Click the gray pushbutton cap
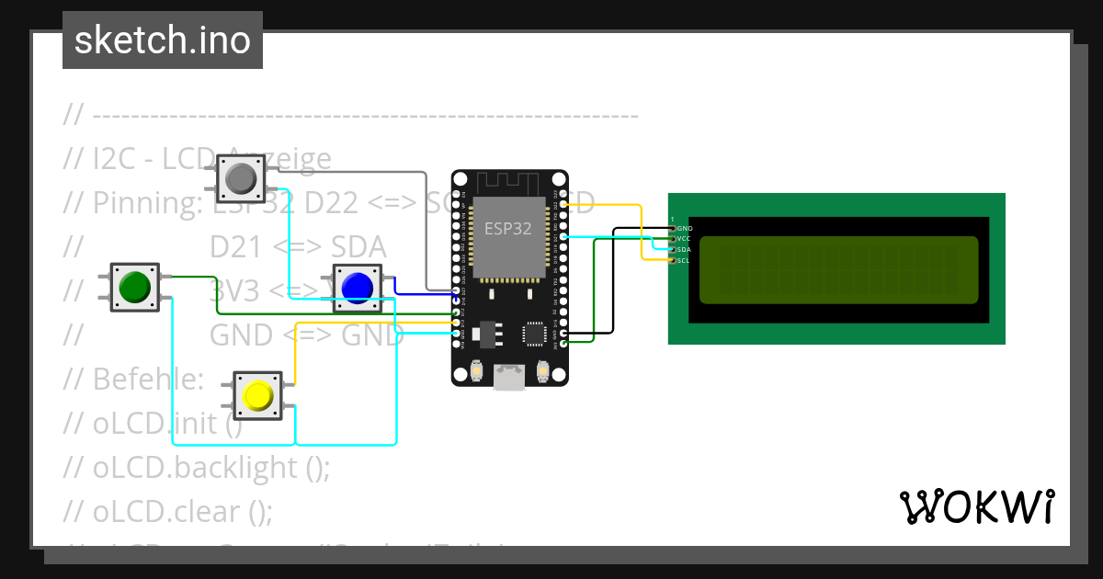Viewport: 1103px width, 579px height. coord(241,178)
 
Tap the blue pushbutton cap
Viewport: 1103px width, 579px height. coord(356,288)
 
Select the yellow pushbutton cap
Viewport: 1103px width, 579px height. coord(257,395)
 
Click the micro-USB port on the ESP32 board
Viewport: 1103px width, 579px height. coord(509,377)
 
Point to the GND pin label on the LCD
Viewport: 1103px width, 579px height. coord(685,228)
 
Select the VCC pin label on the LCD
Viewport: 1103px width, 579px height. coord(684,239)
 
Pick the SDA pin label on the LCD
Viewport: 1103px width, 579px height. coord(684,250)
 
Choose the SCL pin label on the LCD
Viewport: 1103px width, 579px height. coord(684,261)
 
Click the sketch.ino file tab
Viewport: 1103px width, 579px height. coord(163,40)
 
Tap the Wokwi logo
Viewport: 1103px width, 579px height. coord(976,506)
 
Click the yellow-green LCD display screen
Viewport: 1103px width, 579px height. coord(838,269)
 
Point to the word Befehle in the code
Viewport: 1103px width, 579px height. coord(147,379)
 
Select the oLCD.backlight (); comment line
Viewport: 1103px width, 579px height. coord(210,467)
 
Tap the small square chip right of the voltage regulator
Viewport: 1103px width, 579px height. coord(534,332)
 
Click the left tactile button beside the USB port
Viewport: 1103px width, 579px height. coord(477,371)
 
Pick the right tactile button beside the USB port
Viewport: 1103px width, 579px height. coord(542,371)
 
